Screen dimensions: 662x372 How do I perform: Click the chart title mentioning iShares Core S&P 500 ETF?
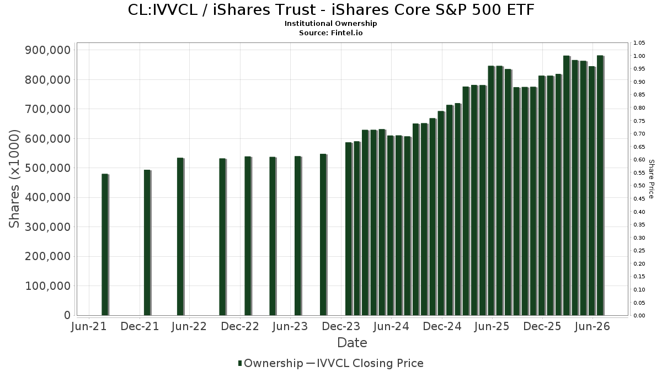(331, 10)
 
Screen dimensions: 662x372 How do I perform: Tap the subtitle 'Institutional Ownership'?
(330, 24)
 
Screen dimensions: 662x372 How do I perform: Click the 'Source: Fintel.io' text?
(330, 33)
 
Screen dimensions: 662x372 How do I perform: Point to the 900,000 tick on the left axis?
(48, 50)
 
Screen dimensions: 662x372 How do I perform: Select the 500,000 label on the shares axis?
(48, 168)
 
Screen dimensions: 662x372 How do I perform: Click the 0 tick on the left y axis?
(67, 315)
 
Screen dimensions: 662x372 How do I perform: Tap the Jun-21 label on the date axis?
(89, 326)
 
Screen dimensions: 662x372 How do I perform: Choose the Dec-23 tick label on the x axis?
(341, 326)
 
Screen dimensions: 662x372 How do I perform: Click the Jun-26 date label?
(592, 326)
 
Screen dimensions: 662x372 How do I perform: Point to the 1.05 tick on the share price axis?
(639, 43)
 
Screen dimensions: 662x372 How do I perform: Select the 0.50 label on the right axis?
(639, 186)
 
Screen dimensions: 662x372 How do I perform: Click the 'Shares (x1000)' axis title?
(14, 179)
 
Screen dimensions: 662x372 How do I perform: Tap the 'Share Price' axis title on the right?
(651, 179)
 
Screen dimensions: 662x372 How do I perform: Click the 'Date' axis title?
(353, 343)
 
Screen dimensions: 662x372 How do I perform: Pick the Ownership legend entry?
(271, 363)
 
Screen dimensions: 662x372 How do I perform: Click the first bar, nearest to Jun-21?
(105, 245)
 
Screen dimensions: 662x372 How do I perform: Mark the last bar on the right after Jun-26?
(601, 185)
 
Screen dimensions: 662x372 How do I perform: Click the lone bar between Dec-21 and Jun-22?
(180, 237)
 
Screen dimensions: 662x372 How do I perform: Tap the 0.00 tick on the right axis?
(639, 316)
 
